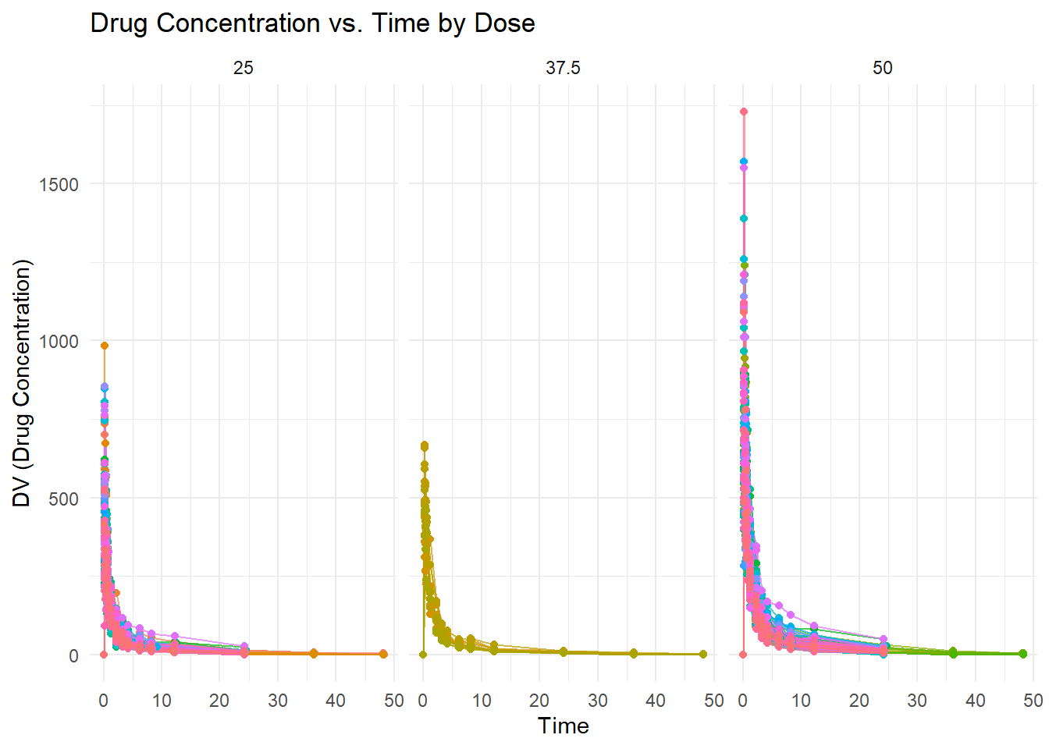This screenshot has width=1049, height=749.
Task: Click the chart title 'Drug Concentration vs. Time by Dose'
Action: click(x=312, y=23)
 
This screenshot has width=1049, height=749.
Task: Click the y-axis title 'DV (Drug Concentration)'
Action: click(x=22, y=383)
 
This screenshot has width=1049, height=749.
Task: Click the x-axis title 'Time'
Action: click(x=563, y=726)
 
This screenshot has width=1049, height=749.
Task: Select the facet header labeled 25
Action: click(x=244, y=69)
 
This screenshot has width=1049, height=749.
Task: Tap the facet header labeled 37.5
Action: click(x=563, y=69)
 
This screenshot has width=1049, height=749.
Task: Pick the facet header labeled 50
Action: click(x=882, y=69)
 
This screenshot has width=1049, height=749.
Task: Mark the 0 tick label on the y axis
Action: click(x=73, y=656)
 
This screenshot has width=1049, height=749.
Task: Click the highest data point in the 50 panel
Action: click(x=743, y=112)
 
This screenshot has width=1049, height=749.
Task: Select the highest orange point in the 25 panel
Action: click(x=104, y=346)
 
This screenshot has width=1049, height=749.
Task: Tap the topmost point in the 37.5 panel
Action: click(x=424, y=446)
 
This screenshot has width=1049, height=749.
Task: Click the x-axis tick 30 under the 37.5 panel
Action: click(x=598, y=701)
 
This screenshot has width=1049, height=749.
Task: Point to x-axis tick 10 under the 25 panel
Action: click(x=162, y=701)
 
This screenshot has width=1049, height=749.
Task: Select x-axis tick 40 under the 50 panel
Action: click(x=976, y=701)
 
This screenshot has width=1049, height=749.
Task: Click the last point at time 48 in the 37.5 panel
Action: click(x=703, y=654)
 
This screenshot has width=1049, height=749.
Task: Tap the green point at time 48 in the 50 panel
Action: click(x=1022, y=654)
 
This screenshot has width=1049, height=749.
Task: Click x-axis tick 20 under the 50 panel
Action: click(x=859, y=701)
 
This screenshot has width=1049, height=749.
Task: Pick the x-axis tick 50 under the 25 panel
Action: click(x=394, y=701)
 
